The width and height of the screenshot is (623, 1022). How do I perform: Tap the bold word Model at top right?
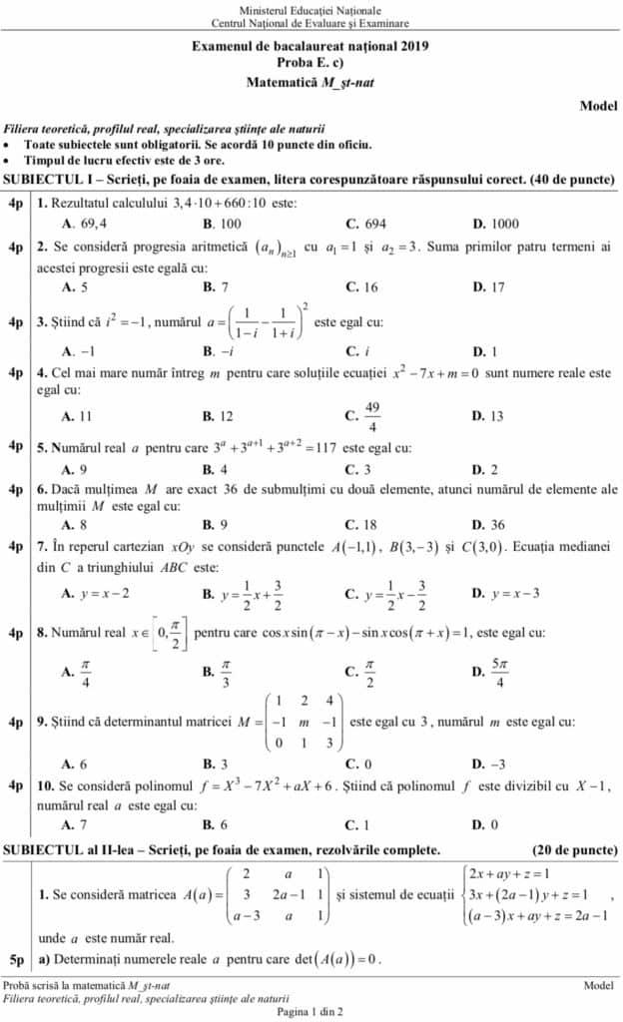coord(598,105)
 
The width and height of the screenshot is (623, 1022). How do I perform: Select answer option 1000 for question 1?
coord(502,224)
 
